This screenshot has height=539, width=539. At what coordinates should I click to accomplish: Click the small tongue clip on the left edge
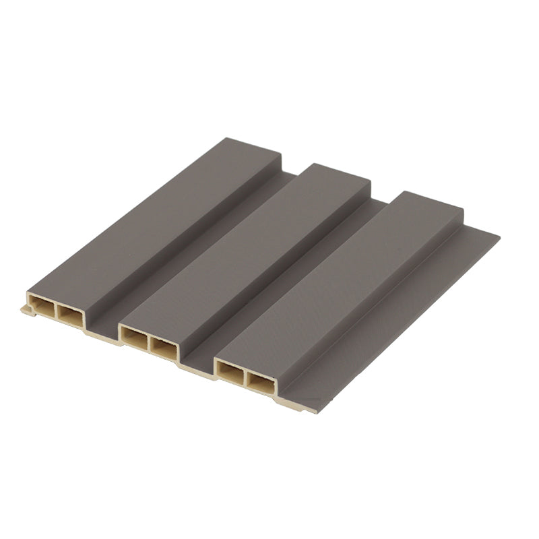[x=27, y=310]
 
